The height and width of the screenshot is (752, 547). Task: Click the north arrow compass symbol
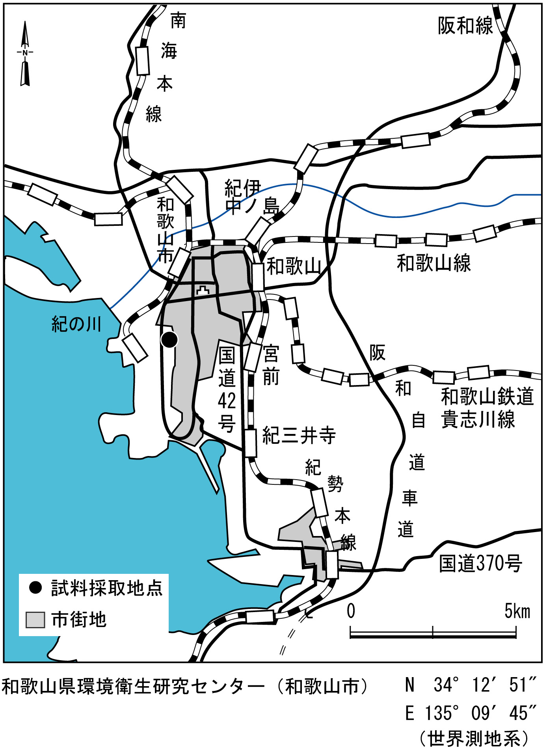click(x=25, y=53)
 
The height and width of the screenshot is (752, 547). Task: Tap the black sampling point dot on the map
click(x=169, y=340)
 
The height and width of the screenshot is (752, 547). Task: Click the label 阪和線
click(x=465, y=26)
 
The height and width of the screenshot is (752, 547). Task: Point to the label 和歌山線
click(x=434, y=263)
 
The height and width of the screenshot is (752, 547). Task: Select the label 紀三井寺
click(x=299, y=436)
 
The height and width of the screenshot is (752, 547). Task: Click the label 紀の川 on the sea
click(x=76, y=324)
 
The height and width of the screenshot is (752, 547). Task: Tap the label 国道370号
click(x=480, y=563)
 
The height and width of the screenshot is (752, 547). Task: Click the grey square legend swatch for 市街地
click(x=35, y=620)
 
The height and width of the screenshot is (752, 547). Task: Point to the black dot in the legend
click(x=35, y=588)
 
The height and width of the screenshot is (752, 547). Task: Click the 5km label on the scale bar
click(x=517, y=611)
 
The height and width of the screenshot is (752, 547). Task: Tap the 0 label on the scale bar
click(x=351, y=611)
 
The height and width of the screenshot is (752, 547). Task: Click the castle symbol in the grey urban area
click(x=203, y=291)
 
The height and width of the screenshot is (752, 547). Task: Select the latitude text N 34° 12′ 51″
click(x=471, y=685)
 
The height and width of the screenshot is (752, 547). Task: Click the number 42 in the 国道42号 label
click(x=227, y=401)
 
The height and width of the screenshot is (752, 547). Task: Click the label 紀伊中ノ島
click(x=251, y=197)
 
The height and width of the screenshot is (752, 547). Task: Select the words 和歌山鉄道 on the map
click(x=487, y=396)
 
